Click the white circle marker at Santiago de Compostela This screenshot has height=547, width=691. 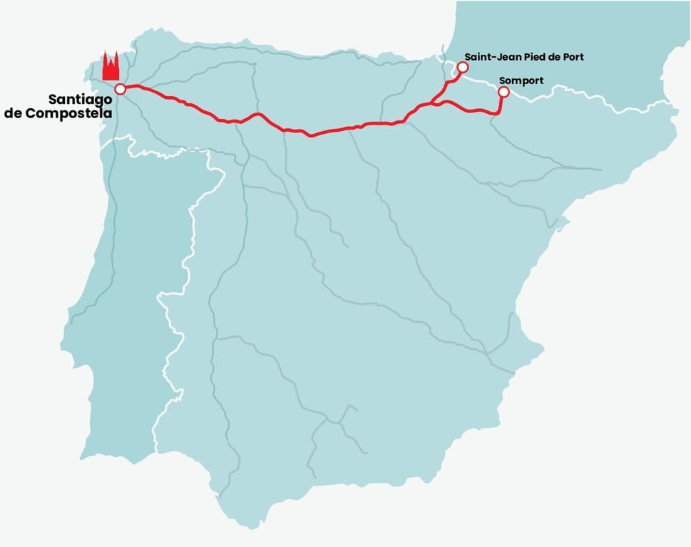point(120,89)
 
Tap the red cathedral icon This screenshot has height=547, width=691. point(111,67)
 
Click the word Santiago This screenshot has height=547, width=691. point(80,100)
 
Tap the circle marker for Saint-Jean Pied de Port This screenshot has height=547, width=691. point(462,67)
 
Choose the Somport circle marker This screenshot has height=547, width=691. point(503,92)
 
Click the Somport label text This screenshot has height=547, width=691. point(521,80)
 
